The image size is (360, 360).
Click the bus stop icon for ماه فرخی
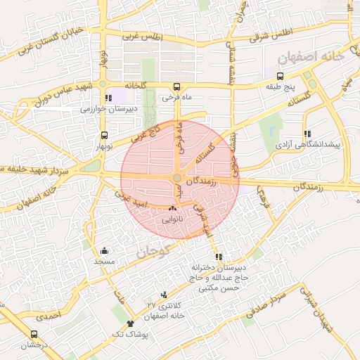coord(176,87)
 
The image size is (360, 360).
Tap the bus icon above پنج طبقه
coord(281,77)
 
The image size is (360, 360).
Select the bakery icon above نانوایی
coord(173,209)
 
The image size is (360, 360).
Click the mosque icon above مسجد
coord(105,250)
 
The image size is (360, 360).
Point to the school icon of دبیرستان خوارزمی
coord(108,98)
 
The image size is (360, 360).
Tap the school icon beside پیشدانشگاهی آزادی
coord(307,133)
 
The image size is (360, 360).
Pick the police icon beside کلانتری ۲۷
coord(164,295)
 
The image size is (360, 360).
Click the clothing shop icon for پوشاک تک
coord(130,323)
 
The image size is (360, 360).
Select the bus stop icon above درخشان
coord(34,335)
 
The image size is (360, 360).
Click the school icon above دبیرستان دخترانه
coord(219,257)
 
